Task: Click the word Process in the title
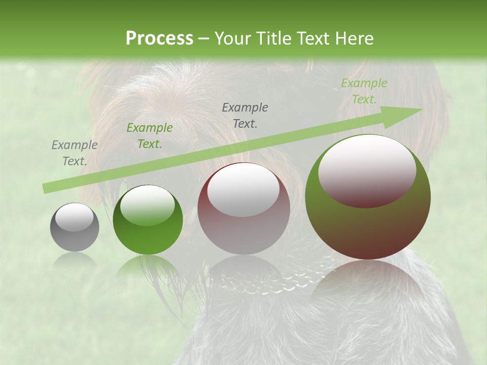[159, 38]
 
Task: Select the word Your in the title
[233, 38]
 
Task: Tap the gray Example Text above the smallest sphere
[75, 153]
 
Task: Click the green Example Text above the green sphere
[149, 136]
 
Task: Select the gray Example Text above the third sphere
[245, 115]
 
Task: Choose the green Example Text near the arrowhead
[364, 91]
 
